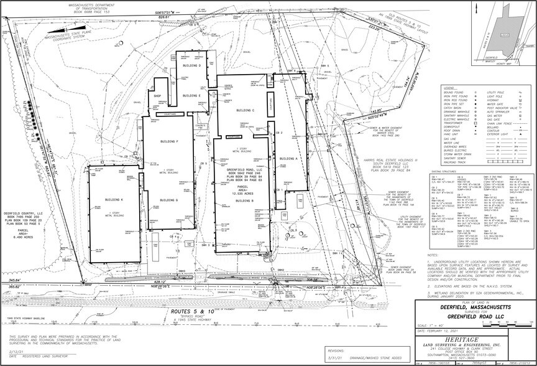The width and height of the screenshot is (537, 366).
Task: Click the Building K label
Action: pyautogui.click(x=114, y=199)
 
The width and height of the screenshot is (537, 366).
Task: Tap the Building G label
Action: pyautogui.click(x=169, y=200)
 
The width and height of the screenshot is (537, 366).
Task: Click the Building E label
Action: pyautogui.click(x=191, y=95)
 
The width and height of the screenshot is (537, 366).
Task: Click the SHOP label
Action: pyautogui.click(x=158, y=96)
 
